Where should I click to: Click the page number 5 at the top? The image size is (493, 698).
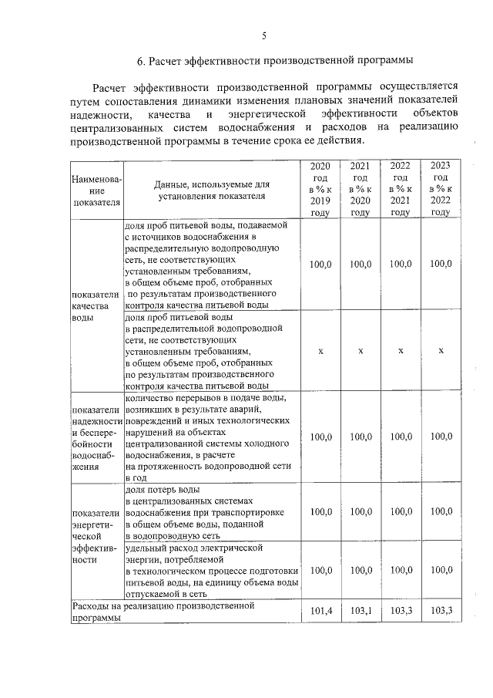point(263,35)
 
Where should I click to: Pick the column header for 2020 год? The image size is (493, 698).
point(320,190)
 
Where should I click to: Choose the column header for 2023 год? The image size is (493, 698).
point(441,190)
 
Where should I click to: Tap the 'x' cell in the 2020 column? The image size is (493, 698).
point(320,351)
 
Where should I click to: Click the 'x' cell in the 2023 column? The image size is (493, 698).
point(441,351)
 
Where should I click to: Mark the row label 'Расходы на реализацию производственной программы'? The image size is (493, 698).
point(163,612)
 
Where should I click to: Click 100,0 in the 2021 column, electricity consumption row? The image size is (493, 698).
point(360,570)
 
